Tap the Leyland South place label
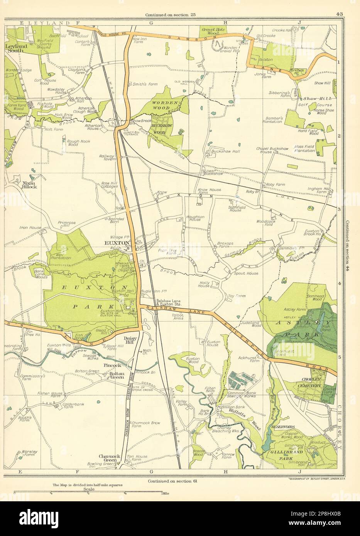[16, 49]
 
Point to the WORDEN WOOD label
[164, 106]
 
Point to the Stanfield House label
[235, 208]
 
